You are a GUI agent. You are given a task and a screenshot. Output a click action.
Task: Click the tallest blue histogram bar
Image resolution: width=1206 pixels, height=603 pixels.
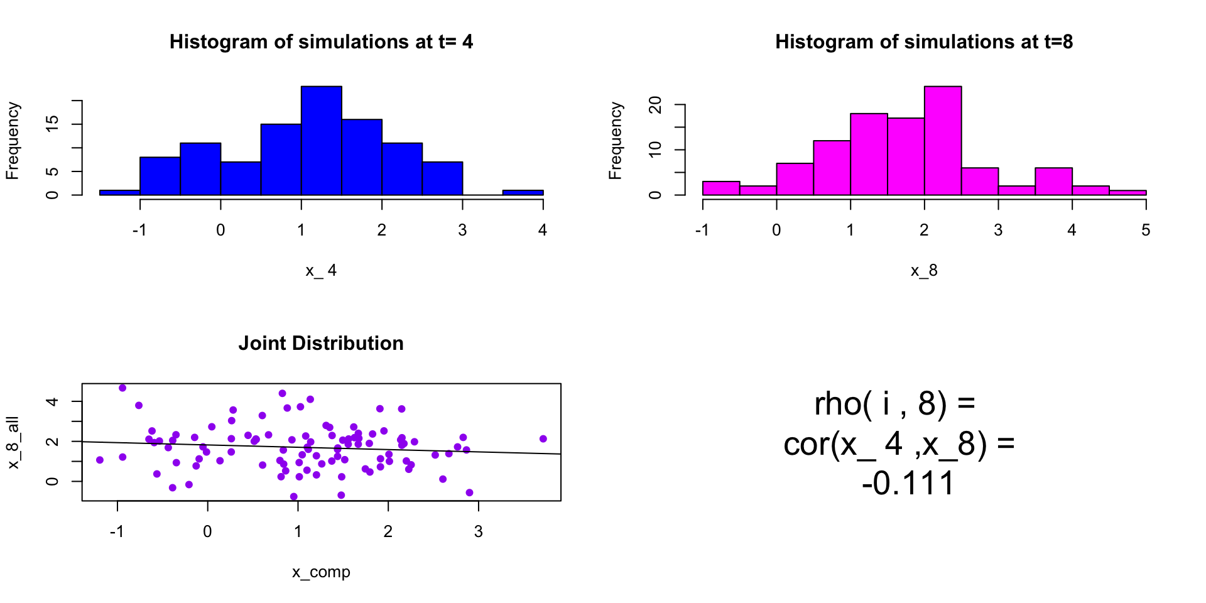pyautogui.click(x=321, y=141)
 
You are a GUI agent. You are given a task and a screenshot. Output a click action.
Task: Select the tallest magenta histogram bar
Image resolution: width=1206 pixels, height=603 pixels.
pyautogui.click(x=942, y=141)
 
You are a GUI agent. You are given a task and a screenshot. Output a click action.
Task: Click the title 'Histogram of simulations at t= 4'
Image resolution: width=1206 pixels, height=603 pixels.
pyautogui.click(x=321, y=42)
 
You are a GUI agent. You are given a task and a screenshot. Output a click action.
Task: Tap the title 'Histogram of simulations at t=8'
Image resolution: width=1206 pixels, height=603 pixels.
pyautogui.click(x=924, y=42)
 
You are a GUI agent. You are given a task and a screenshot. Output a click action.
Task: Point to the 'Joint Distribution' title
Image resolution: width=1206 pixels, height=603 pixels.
pyautogui.click(x=321, y=344)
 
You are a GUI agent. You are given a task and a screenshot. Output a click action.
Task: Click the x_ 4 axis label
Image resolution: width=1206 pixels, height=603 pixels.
pyautogui.click(x=321, y=271)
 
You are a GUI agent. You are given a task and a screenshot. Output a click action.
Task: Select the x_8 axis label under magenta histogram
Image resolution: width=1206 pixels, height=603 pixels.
pyautogui.click(x=924, y=271)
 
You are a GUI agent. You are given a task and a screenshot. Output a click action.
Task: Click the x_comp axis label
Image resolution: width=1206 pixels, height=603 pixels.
pyautogui.click(x=321, y=572)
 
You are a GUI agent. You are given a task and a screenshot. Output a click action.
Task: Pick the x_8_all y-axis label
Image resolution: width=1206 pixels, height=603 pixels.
pyautogui.click(x=13, y=442)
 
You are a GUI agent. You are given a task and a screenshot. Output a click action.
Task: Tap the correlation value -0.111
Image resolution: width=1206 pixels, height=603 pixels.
pyautogui.click(x=908, y=484)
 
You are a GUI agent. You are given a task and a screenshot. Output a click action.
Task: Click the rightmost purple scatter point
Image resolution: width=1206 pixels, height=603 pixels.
pyautogui.click(x=543, y=439)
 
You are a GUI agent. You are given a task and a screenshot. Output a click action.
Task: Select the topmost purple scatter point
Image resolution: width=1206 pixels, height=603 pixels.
pyautogui.click(x=122, y=388)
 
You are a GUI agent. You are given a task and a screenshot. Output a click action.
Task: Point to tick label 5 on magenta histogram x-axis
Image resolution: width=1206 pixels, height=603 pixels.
pyautogui.click(x=1146, y=231)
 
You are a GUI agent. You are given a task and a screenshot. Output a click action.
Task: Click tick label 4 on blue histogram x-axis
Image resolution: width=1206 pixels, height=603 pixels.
pyautogui.click(x=543, y=231)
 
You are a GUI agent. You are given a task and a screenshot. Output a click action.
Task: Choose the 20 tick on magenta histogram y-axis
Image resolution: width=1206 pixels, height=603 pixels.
pyautogui.click(x=656, y=105)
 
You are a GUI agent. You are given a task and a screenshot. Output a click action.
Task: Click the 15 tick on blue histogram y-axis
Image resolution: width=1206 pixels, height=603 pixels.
pyautogui.click(x=53, y=124)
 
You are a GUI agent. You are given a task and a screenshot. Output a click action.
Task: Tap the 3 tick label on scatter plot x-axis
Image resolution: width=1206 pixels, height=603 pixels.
pyautogui.click(x=479, y=532)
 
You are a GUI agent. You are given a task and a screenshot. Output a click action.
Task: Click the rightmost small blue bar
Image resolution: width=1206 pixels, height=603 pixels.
pyautogui.click(x=523, y=192)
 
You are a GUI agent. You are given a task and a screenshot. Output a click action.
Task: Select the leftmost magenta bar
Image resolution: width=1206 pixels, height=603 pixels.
pyautogui.click(x=721, y=188)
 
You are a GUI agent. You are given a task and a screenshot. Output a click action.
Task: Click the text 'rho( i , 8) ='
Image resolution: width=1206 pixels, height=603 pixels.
pyautogui.click(x=894, y=404)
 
